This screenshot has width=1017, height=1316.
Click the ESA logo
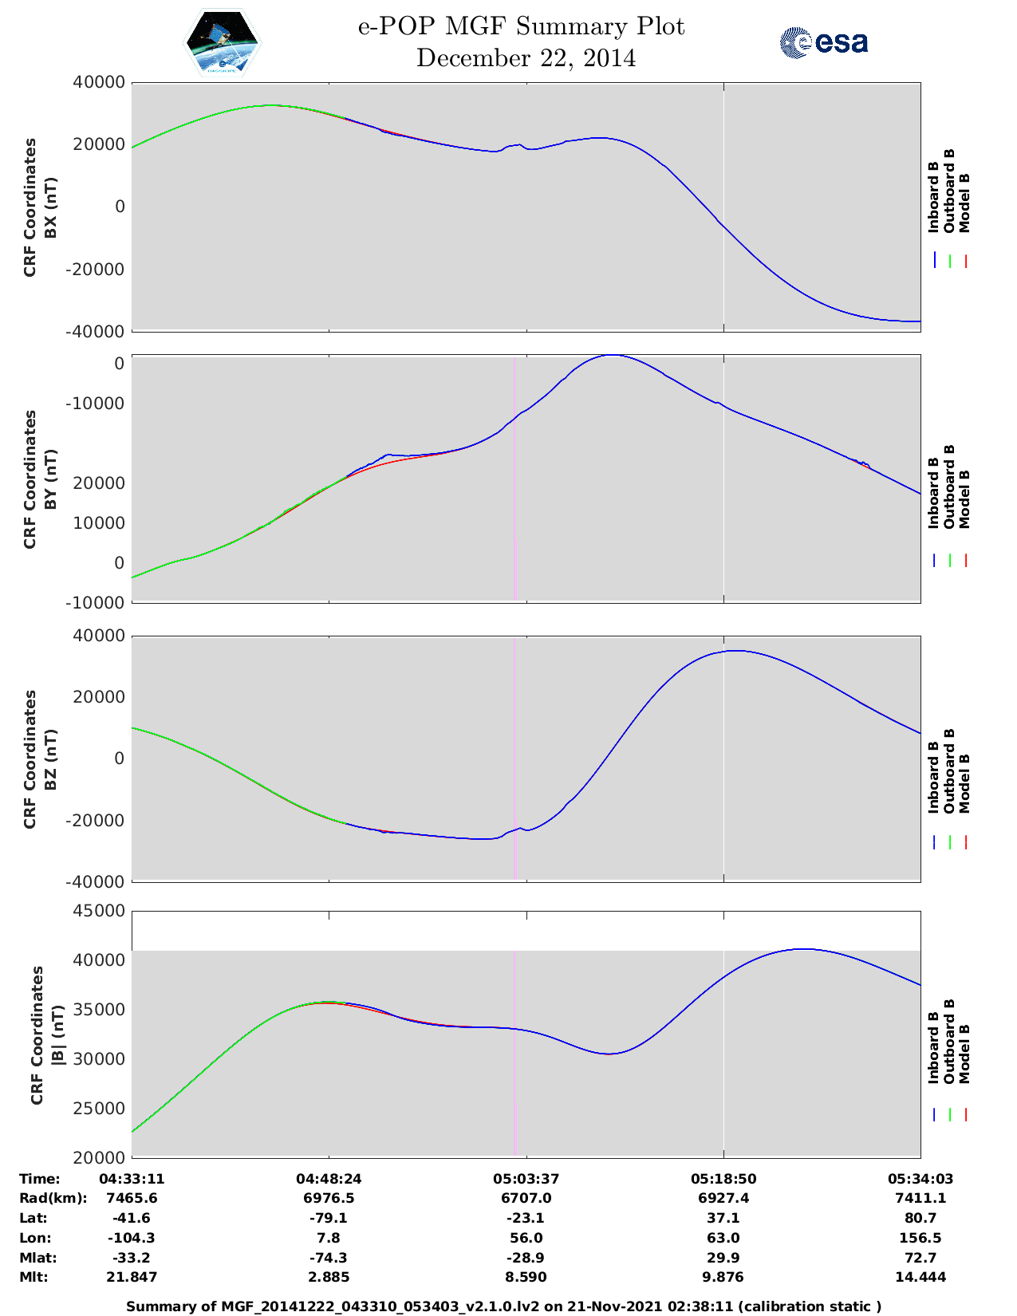coord(823,42)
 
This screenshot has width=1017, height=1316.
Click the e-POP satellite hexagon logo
coord(222,43)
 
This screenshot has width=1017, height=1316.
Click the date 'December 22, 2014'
coord(526,58)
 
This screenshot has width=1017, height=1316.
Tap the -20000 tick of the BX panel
coord(95,270)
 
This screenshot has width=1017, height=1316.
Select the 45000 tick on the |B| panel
coord(99,911)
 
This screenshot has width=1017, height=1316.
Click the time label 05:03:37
coord(526,1179)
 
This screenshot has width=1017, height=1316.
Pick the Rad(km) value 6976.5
coord(329,1198)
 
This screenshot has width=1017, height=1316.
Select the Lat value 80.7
coord(920,1218)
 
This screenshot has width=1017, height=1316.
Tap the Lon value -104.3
coord(132,1238)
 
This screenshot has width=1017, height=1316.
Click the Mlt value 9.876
coord(723,1277)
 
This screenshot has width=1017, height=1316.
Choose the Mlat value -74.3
coord(329,1258)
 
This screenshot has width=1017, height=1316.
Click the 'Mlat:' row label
coord(38,1258)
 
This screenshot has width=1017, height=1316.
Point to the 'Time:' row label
coord(40,1179)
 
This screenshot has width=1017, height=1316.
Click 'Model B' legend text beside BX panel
coord(964,203)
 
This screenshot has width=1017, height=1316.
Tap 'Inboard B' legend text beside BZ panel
coord(932,778)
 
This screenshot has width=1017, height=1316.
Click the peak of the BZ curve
coord(735,651)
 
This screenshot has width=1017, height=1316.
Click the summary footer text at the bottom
coord(503,1306)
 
